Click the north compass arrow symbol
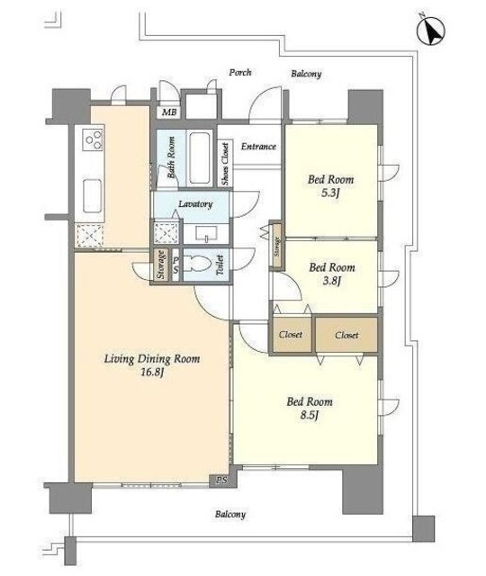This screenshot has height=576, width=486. [431, 31]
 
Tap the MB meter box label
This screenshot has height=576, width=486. [169, 112]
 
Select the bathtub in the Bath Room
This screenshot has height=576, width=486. [200, 157]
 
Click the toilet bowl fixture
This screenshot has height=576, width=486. [197, 264]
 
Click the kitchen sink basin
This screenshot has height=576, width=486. [92, 196]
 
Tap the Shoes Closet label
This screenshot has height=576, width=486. [225, 164]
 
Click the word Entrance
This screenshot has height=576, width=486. [258, 147]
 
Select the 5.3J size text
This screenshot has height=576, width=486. [329, 193]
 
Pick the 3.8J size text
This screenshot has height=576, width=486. [332, 281]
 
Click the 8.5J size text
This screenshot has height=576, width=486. [309, 415]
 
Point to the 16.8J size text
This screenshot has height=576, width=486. [152, 373]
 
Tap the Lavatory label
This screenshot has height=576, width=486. [195, 204]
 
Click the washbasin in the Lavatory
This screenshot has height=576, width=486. [207, 233]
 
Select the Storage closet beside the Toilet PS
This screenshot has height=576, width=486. [160, 265]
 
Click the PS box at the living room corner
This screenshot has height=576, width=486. [221, 480]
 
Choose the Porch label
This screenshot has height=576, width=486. [240, 72]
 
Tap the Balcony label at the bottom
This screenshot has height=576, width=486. [230, 514]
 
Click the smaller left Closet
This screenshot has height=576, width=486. [291, 335]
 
